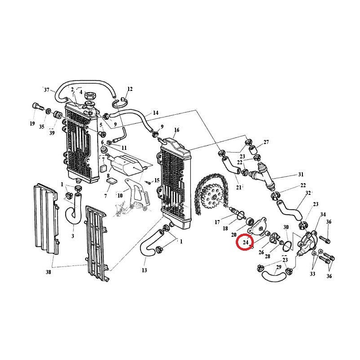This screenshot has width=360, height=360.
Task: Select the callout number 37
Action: (47, 90)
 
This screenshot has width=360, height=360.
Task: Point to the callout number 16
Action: (176, 130)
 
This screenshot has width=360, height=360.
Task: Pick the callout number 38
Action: (48, 272)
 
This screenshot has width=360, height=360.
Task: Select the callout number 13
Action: (144, 270)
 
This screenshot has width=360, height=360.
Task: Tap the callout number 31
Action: (301, 175)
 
